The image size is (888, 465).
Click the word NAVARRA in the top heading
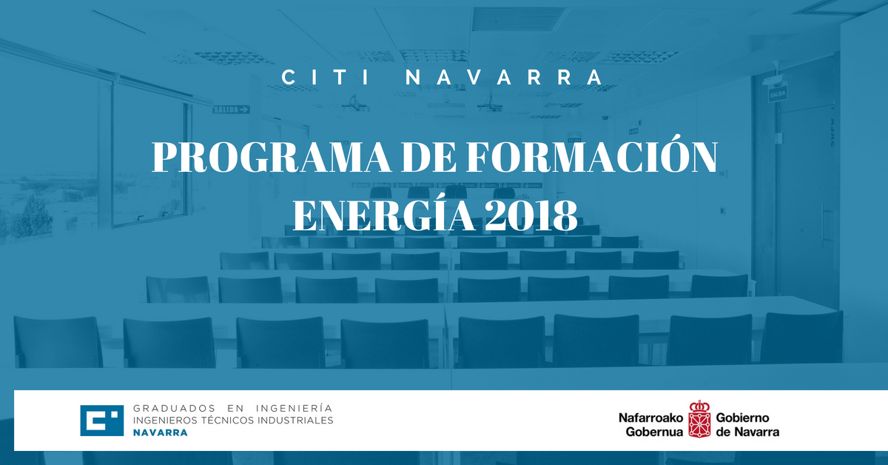505,77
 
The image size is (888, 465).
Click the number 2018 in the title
531,215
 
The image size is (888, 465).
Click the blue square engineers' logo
102,421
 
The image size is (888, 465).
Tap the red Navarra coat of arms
699,419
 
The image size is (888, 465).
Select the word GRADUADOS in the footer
174,408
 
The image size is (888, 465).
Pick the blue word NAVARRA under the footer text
160,432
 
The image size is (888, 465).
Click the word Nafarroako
651,418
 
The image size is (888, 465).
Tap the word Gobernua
654,432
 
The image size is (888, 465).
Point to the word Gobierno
742,418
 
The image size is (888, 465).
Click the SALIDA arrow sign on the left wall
232,109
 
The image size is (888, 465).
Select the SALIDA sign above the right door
778,95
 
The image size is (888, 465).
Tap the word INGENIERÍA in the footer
295,408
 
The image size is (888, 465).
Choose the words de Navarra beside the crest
747,432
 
